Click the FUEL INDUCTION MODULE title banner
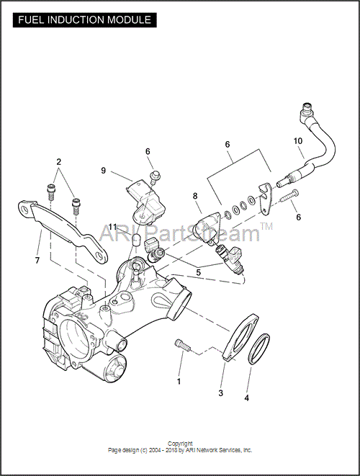85,20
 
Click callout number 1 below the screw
179,381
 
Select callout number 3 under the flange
220,392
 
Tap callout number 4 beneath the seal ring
246,398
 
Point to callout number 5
198,272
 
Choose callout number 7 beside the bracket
37,261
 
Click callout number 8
195,196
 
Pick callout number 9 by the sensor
104,171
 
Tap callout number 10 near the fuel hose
298,141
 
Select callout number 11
112,227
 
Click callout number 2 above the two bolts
58,162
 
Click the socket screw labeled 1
182,346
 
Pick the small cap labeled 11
136,240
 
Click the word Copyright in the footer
180,444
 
